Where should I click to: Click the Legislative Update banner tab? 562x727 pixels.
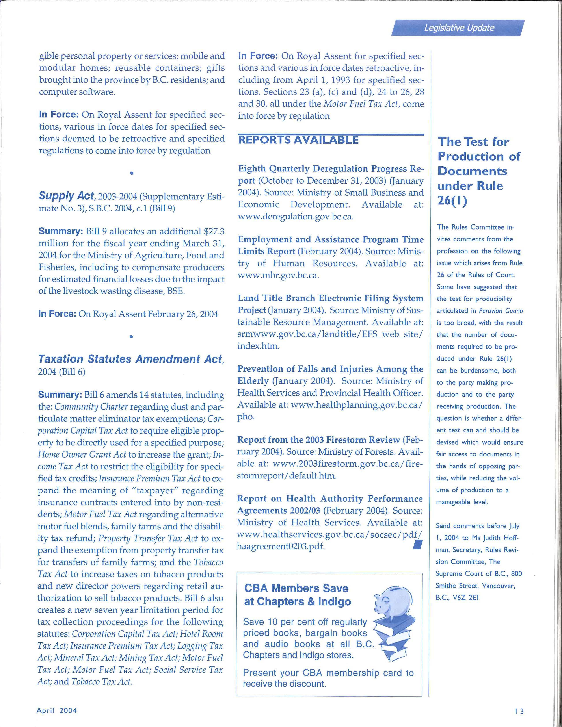[459, 28]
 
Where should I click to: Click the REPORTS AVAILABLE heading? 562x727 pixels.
[298, 140]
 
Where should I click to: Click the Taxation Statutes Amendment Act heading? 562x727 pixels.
[130, 359]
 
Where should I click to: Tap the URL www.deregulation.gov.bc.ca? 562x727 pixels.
[295, 217]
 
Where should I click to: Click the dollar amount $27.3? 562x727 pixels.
[213, 231]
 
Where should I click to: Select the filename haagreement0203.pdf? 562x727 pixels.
[280, 547]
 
